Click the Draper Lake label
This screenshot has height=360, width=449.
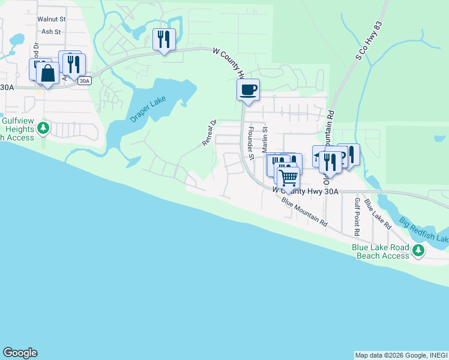pos(147,109)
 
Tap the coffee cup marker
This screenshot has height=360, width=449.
pos(248,91)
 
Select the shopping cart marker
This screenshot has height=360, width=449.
pos(289,177)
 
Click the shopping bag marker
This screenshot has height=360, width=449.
pos(47,74)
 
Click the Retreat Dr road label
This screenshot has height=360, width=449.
pos(209,133)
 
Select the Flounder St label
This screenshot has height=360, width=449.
pos(252,143)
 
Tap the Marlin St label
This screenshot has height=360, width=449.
pos(264,143)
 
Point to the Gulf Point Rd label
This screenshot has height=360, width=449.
pos(357,217)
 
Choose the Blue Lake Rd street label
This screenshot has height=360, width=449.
pos(381,212)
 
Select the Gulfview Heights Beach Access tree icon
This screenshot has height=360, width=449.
pos(43,128)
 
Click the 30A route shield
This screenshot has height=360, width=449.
pos(85,80)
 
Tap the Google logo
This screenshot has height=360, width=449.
pos(20,353)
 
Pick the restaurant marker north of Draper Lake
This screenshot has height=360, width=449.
pos(164,40)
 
